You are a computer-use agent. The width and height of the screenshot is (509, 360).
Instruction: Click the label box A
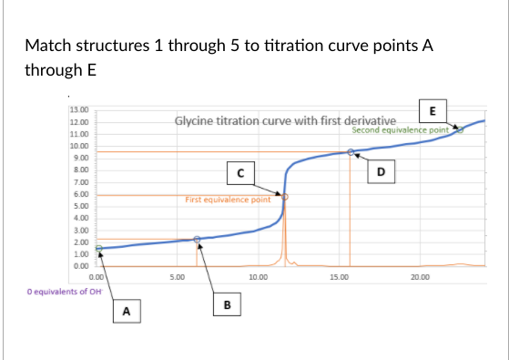pos(127,313)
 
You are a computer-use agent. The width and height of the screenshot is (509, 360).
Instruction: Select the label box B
pos(227,303)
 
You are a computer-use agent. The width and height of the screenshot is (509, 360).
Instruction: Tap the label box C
pos(240,170)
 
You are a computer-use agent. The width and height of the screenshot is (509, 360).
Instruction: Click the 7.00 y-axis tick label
pos(79,182)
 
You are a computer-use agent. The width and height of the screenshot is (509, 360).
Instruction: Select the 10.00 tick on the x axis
pos(257,274)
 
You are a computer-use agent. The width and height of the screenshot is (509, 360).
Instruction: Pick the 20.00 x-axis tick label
pos(419,274)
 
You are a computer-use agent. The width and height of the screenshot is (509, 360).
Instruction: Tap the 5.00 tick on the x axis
pos(178,274)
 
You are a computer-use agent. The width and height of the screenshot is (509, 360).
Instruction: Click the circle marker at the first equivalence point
pos(284,196)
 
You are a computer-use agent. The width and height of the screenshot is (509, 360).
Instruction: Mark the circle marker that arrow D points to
pos(351,152)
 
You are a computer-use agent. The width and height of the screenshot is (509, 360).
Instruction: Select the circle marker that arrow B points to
pos(197,239)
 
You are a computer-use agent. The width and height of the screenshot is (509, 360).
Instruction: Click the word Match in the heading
pos(46,45)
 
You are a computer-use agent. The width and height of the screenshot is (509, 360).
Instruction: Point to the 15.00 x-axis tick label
pos(338,274)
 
